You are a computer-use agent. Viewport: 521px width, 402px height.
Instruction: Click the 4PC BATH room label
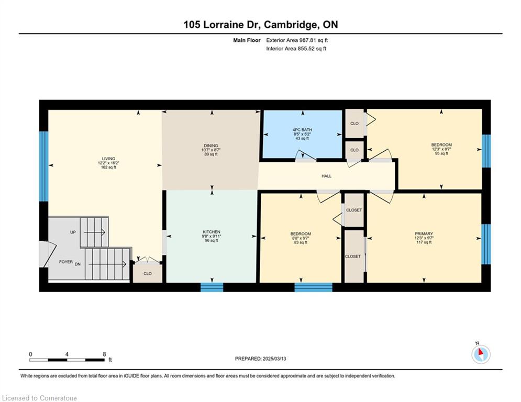[302, 130]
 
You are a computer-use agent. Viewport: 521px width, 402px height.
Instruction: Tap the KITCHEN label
[212, 232]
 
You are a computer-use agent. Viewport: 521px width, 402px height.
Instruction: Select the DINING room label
[211, 146]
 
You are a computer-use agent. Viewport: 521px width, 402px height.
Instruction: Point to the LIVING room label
[109, 159]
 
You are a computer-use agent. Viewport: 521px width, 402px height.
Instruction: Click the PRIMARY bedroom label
[424, 233]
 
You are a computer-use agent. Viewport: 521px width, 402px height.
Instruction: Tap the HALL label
[326, 176]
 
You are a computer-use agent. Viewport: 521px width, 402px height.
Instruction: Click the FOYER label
[66, 262]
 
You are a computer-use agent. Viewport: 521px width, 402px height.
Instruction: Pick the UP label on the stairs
[73, 232]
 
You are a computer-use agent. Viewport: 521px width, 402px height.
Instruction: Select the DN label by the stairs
[77, 264]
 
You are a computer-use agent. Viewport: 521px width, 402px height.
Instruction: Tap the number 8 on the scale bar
[104, 354]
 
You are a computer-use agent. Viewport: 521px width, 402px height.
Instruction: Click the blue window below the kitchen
[212, 287]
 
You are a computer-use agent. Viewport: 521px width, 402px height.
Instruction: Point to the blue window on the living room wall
[44, 166]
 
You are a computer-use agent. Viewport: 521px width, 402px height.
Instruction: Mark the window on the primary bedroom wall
[486, 244]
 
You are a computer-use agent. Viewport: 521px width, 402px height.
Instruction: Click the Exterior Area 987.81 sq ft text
[297, 40]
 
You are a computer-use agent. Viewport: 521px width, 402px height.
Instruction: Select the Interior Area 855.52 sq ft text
[296, 49]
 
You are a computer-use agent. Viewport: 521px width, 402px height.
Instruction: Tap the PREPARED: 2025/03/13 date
[261, 359]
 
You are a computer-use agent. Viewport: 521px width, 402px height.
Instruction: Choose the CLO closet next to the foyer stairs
[148, 273]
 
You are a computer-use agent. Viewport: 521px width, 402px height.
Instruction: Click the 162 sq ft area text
[109, 167]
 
